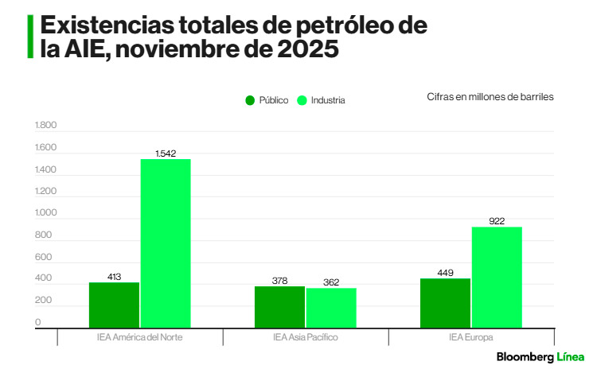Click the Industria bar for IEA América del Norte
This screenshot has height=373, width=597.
click(166, 243)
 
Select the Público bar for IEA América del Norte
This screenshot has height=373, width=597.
click(114, 305)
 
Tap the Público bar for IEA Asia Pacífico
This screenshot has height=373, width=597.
click(279, 306)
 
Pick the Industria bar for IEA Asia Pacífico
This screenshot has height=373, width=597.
click(331, 307)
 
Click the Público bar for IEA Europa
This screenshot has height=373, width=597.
click(445, 302)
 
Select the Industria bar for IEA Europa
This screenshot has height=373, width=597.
click(497, 277)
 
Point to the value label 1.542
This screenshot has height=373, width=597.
click(166, 152)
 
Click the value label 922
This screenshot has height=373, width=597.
click(497, 220)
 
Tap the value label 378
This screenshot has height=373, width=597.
click(279, 280)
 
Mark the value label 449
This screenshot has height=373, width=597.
click(445, 273)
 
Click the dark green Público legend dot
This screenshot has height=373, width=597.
click(250, 100)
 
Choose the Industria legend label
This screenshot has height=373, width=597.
click(328, 100)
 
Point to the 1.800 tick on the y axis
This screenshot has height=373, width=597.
click(46, 126)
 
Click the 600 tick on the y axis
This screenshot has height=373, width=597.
click(43, 258)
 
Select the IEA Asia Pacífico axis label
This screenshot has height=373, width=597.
click(306, 337)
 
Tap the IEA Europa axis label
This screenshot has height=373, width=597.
click(470, 337)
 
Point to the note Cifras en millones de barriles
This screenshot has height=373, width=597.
click(490, 96)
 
